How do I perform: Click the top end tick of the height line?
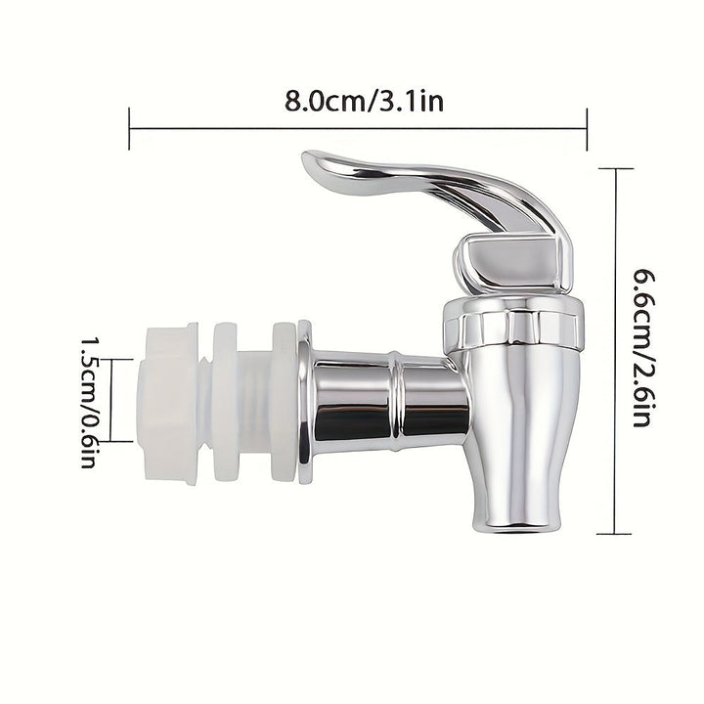click(614, 168)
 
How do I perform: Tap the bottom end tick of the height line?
click(614, 533)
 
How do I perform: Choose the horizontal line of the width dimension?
click(358, 124)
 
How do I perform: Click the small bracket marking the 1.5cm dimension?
click(113, 398)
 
